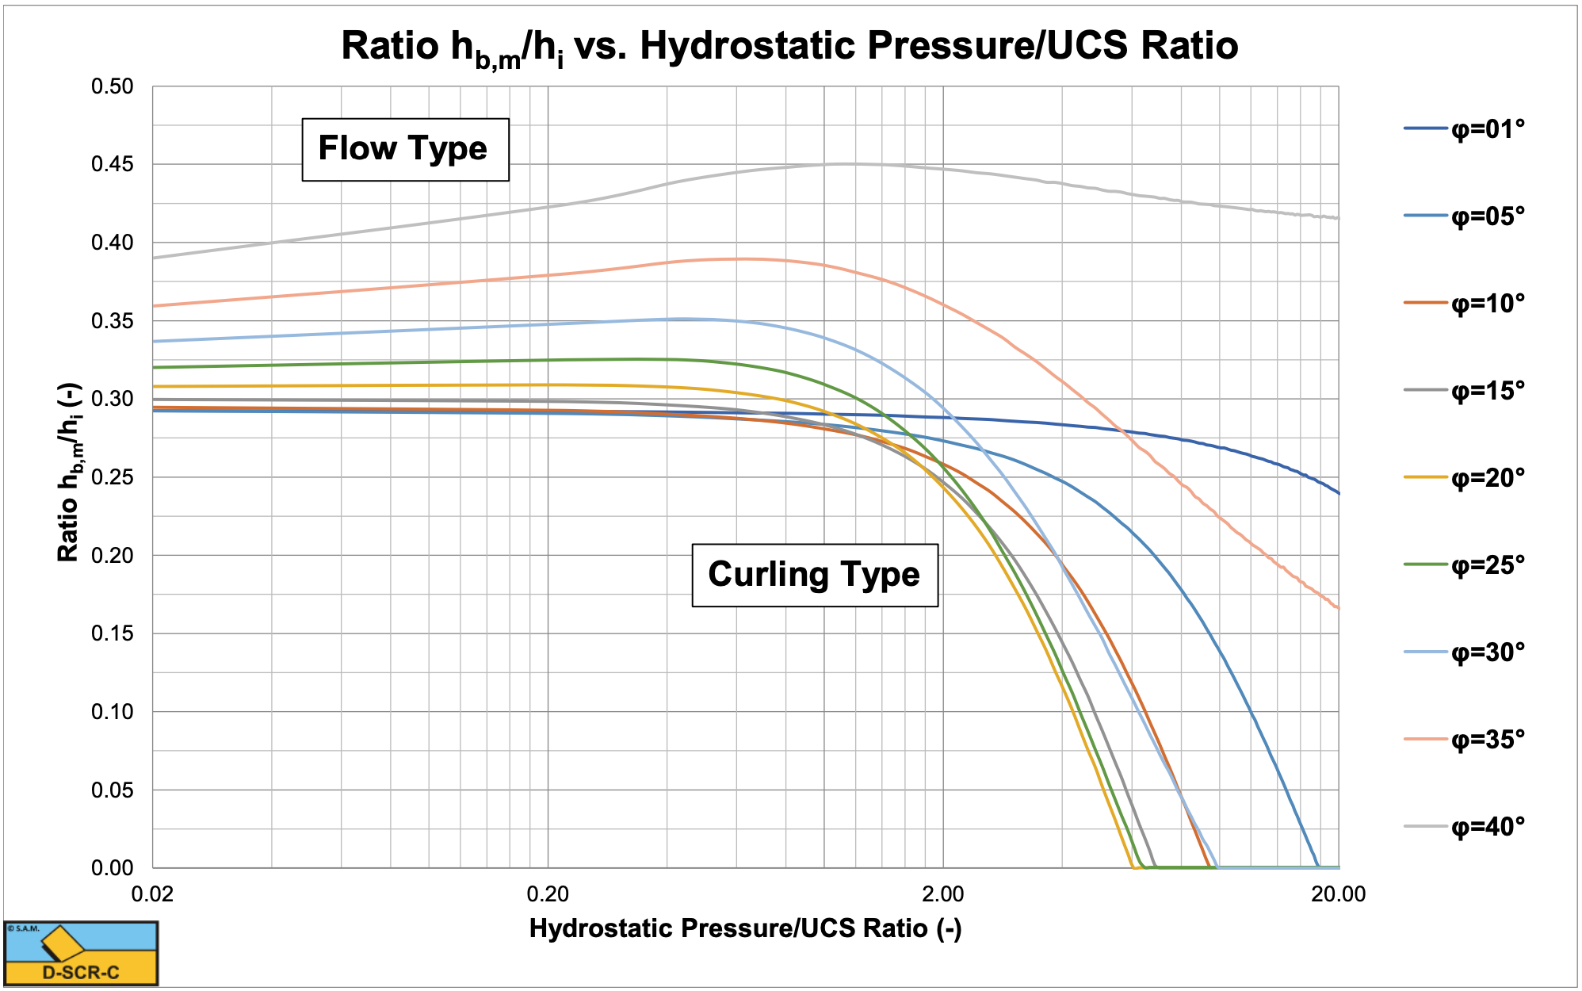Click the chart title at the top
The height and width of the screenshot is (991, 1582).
[789, 46]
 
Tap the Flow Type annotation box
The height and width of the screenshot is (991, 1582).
[404, 149]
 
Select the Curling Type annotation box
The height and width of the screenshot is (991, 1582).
[814, 575]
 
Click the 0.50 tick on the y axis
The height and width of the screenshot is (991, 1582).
[113, 86]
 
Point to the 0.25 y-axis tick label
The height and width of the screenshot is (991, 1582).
[113, 477]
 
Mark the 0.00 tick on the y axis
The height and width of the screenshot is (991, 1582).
[113, 868]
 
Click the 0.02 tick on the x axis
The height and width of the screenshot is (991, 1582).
[152, 894]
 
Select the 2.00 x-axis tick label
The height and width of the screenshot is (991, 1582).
[943, 894]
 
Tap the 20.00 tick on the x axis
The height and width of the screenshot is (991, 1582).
[1338, 894]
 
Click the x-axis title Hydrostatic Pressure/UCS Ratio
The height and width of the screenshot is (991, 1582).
[745, 928]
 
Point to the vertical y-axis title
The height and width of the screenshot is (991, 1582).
[70, 473]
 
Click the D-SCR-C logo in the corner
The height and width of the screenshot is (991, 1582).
[81, 954]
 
